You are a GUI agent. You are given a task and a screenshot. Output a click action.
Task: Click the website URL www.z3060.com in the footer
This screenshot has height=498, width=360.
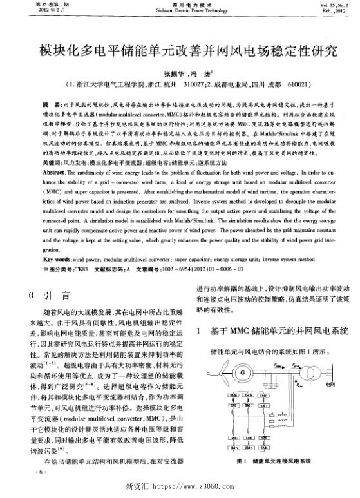[193, 486]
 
